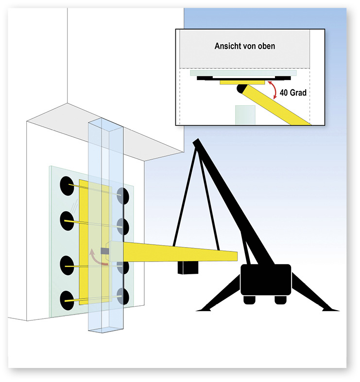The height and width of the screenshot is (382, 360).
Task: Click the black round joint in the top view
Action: (x=241, y=89)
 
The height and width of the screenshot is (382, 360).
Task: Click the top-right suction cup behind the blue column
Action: (x=123, y=195)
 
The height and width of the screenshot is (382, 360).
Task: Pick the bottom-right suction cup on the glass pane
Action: (x=123, y=297)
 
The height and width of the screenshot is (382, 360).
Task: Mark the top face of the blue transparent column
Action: (x=105, y=125)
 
